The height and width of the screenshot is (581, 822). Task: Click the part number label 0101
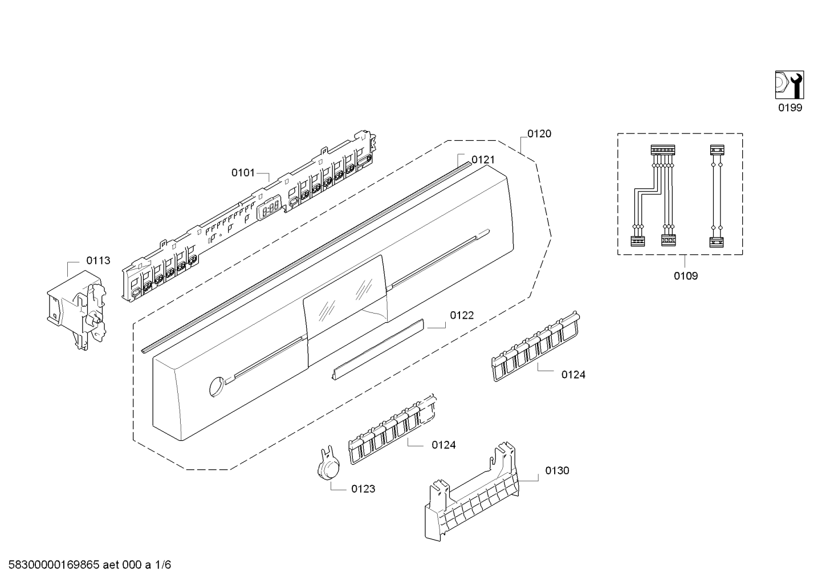point(243,173)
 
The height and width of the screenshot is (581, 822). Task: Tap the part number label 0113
point(98,261)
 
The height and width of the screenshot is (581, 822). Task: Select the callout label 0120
point(539,134)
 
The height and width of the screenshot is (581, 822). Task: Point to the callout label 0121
point(483,160)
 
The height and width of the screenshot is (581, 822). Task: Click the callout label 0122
point(462,315)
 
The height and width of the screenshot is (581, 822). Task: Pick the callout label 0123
point(363,489)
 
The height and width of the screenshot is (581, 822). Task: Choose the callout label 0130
point(557,470)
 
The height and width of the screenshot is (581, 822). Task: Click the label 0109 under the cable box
point(685,277)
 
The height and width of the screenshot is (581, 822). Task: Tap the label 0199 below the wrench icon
point(790,108)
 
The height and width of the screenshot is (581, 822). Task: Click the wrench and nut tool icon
point(790,84)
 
